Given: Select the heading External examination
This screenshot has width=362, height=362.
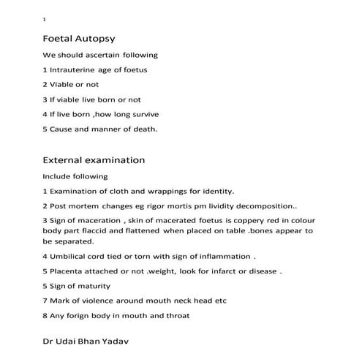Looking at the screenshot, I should pos(94,159).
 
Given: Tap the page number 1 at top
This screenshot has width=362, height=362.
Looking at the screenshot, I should pos(45,19).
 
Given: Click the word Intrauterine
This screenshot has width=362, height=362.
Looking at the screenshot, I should pos(76,69).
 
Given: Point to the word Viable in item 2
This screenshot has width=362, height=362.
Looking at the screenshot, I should pos(62,84).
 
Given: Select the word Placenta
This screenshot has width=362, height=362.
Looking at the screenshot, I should pos(67,271).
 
